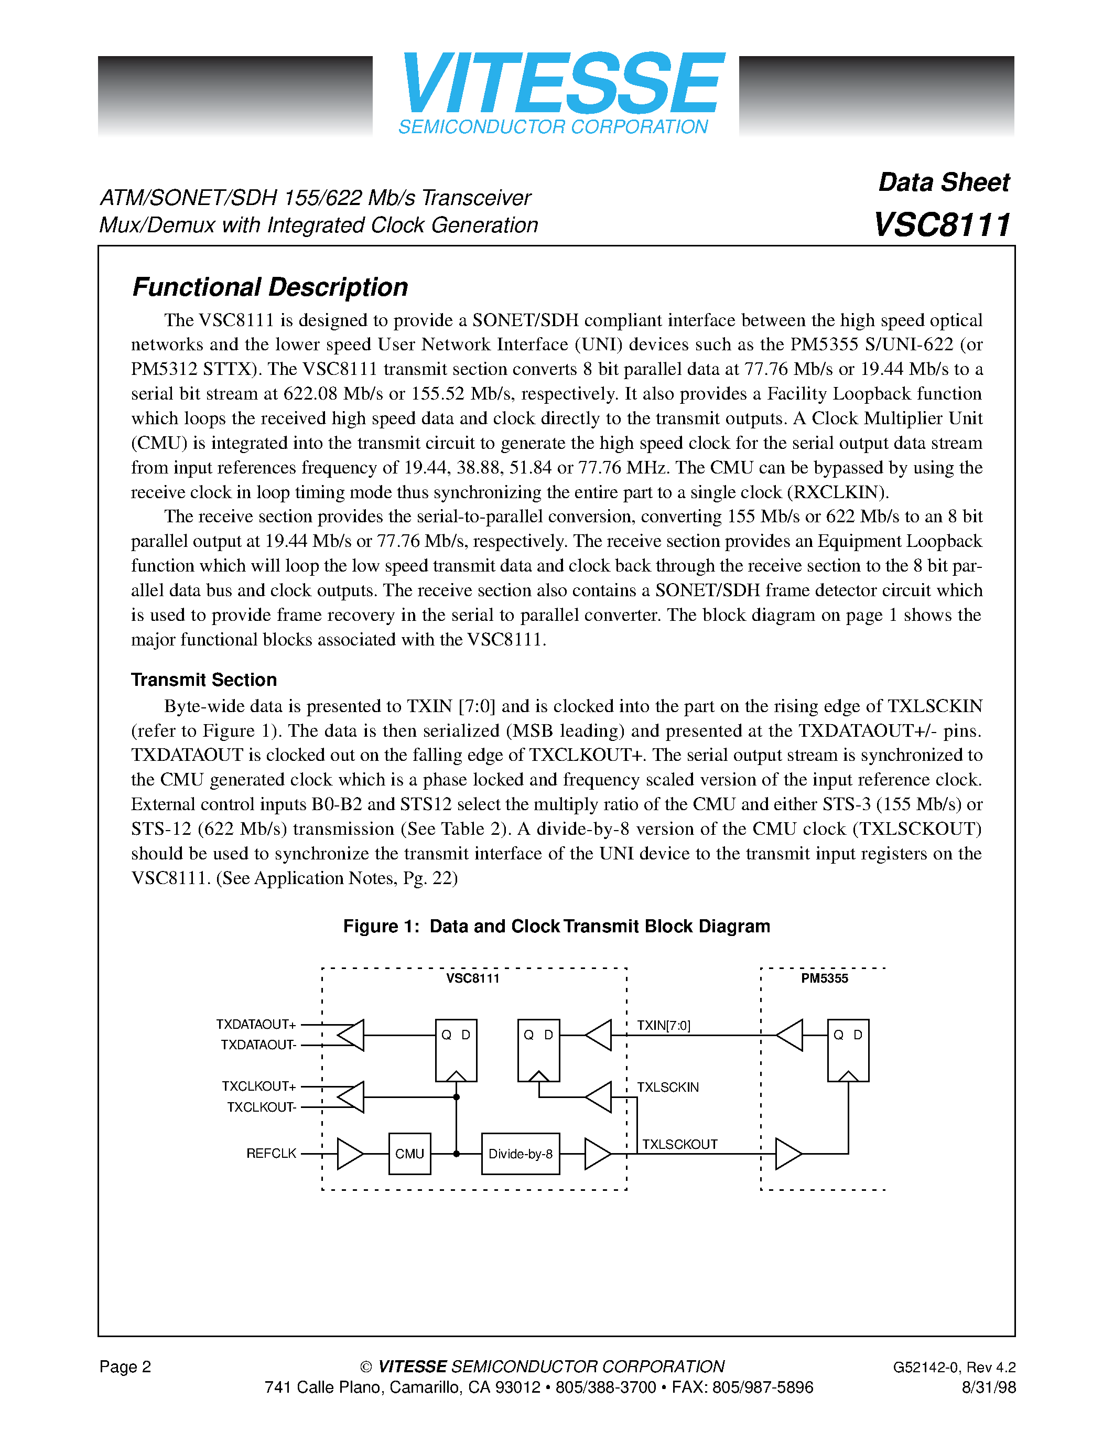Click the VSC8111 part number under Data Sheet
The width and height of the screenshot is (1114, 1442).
click(941, 225)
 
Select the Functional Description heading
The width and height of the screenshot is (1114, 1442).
click(270, 287)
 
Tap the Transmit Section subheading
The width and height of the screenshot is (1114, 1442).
click(203, 680)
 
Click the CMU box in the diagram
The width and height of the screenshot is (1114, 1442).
click(409, 1154)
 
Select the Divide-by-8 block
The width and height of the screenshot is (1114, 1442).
click(520, 1154)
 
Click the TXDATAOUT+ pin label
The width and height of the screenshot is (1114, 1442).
click(256, 1024)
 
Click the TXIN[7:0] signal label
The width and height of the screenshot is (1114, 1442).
click(663, 1025)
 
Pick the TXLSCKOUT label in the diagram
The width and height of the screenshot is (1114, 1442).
click(680, 1144)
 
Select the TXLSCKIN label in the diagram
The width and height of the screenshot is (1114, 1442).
click(667, 1087)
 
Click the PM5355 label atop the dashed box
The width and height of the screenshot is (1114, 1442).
click(824, 978)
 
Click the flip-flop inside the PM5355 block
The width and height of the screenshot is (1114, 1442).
click(848, 1050)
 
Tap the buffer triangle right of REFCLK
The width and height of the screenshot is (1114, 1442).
click(349, 1154)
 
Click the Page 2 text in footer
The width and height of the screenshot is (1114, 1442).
click(125, 1366)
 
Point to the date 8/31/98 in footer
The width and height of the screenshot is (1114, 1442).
click(988, 1387)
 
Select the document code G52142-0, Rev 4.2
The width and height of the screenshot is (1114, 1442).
click(954, 1366)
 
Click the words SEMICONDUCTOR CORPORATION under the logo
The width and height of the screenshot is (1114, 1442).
click(553, 127)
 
